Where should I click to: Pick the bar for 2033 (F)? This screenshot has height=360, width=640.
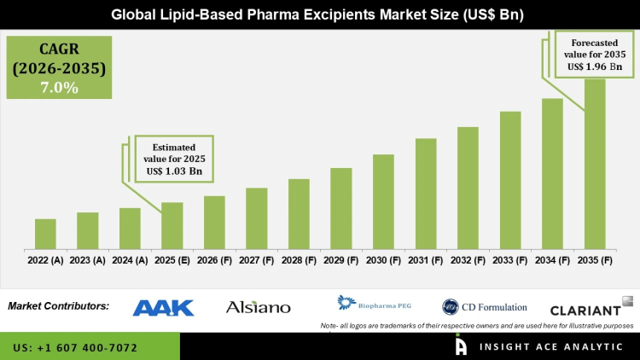[x=510, y=180]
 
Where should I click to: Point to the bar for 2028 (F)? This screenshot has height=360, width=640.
[x=299, y=214]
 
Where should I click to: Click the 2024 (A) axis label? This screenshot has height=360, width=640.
[x=130, y=259]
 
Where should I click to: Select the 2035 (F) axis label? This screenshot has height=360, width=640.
[x=595, y=259]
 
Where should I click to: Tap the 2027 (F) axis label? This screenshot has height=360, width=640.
[x=256, y=259]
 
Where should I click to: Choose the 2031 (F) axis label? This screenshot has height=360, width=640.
[x=426, y=259]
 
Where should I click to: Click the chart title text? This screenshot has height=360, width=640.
[x=320, y=15]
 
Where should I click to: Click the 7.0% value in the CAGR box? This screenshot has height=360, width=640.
[x=60, y=87]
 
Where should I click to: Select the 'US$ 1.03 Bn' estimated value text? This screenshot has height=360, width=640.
[x=173, y=171]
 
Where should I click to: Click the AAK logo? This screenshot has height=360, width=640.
[x=163, y=307]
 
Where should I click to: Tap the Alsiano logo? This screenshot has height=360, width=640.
[x=258, y=307]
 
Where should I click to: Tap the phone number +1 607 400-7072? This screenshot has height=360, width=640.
[x=76, y=348]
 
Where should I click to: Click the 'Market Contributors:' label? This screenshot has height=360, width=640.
[x=59, y=305]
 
